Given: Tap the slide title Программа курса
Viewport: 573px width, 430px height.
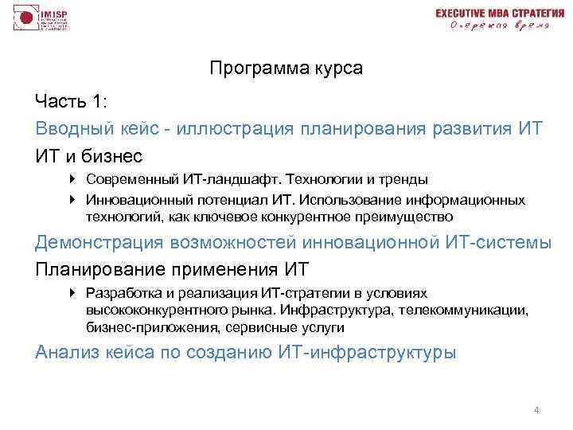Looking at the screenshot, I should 286,68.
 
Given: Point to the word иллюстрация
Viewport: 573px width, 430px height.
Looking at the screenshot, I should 224,128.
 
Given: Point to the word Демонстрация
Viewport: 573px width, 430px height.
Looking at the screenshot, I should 100,243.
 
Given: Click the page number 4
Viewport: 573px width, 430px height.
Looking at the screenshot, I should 536,411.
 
